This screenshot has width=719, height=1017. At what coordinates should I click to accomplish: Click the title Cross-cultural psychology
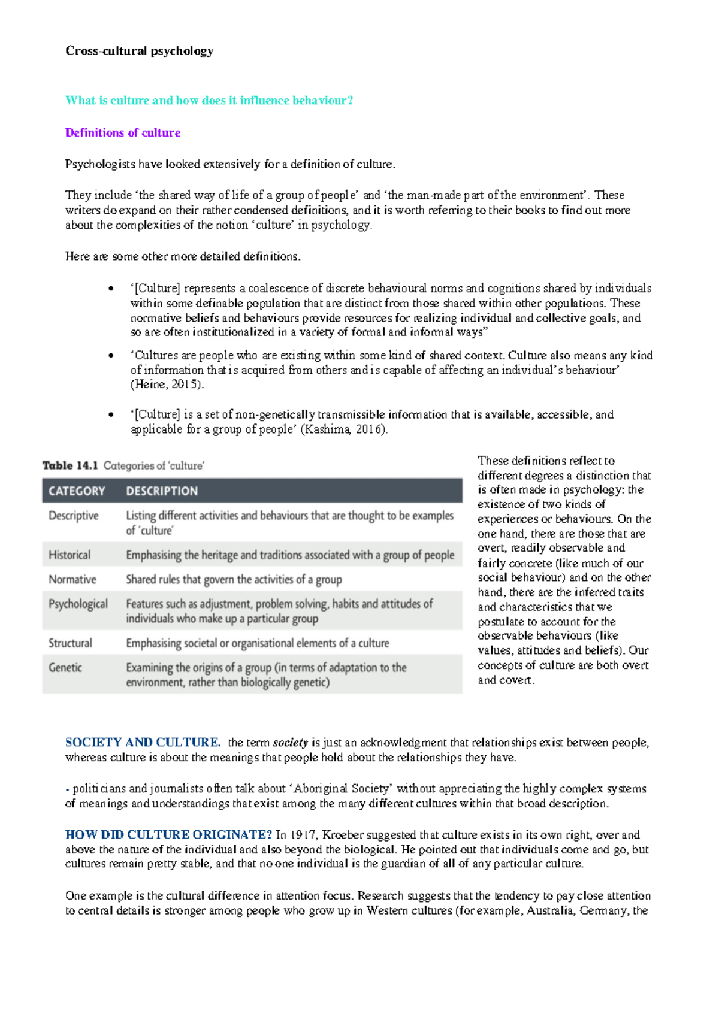[139, 51]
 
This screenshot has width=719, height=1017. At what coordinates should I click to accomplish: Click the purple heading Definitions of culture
[123, 132]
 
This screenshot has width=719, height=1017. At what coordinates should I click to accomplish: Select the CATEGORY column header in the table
[77, 491]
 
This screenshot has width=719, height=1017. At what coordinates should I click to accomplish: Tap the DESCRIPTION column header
[162, 491]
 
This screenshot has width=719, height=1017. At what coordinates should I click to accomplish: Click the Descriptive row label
[74, 516]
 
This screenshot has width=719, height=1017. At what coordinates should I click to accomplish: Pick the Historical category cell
[70, 555]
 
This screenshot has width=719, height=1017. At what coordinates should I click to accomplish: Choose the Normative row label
[72, 579]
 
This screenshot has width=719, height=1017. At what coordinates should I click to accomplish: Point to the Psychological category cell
[78, 604]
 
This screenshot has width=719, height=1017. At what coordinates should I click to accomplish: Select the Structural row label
[71, 643]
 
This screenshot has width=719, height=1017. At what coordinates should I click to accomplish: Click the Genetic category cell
[65, 667]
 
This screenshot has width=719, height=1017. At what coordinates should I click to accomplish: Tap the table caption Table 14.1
[70, 465]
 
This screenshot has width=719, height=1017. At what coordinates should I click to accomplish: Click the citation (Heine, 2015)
[167, 385]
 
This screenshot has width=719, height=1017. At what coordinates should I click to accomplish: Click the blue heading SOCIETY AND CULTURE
[143, 743]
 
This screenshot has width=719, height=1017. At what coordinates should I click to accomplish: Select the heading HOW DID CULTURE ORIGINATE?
[168, 835]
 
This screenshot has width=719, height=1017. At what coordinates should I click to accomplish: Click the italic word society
[291, 743]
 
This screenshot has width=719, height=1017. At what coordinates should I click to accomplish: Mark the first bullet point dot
[111, 289]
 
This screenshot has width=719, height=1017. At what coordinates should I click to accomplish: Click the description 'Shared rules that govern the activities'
[234, 579]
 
